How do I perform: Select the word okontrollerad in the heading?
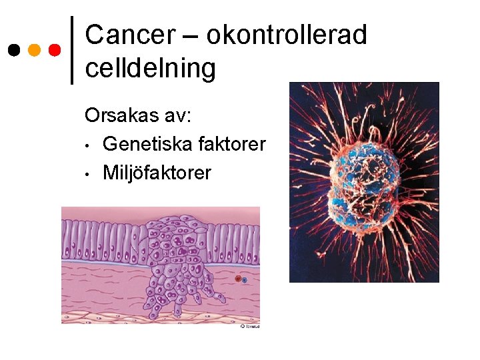[287, 35]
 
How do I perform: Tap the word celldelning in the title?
[151, 68]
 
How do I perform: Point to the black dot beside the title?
[13, 50]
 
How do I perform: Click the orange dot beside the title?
[35, 50]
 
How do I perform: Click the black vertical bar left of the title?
[72, 50]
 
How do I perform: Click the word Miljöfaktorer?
[157, 173]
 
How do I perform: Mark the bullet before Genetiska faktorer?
[87, 145]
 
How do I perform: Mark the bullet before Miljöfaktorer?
[87, 173]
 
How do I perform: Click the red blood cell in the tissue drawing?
[238, 279]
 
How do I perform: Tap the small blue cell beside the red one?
[245, 281]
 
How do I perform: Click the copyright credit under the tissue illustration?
[249, 327]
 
